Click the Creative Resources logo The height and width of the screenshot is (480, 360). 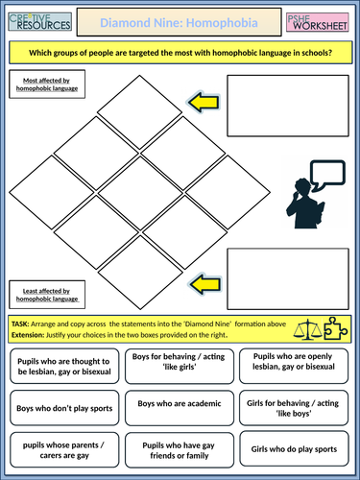[40, 21]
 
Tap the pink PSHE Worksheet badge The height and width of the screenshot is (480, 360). [318, 22]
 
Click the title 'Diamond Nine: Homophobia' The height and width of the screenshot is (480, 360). [179, 23]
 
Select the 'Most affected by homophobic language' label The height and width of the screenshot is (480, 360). [47, 84]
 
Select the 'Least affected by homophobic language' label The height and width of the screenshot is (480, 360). [47, 295]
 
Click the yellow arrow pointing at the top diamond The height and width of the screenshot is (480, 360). [204, 102]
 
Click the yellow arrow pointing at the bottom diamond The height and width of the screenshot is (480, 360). [205, 284]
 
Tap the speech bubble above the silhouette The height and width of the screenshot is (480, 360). [327, 175]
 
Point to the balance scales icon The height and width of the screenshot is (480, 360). [308, 329]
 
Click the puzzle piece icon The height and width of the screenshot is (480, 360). [336, 328]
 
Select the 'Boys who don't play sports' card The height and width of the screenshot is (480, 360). [64, 408]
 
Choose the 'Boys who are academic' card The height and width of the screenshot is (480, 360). [180, 408]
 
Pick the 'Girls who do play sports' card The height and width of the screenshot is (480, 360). [294, 448]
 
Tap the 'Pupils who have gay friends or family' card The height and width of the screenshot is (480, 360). [180, 450]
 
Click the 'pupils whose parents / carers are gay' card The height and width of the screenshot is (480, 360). [64, 450]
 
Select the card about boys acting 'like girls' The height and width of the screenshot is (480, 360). [180, 366]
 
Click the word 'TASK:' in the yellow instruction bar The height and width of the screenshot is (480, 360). [20, 324]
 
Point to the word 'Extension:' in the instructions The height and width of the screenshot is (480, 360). [28, 335]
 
